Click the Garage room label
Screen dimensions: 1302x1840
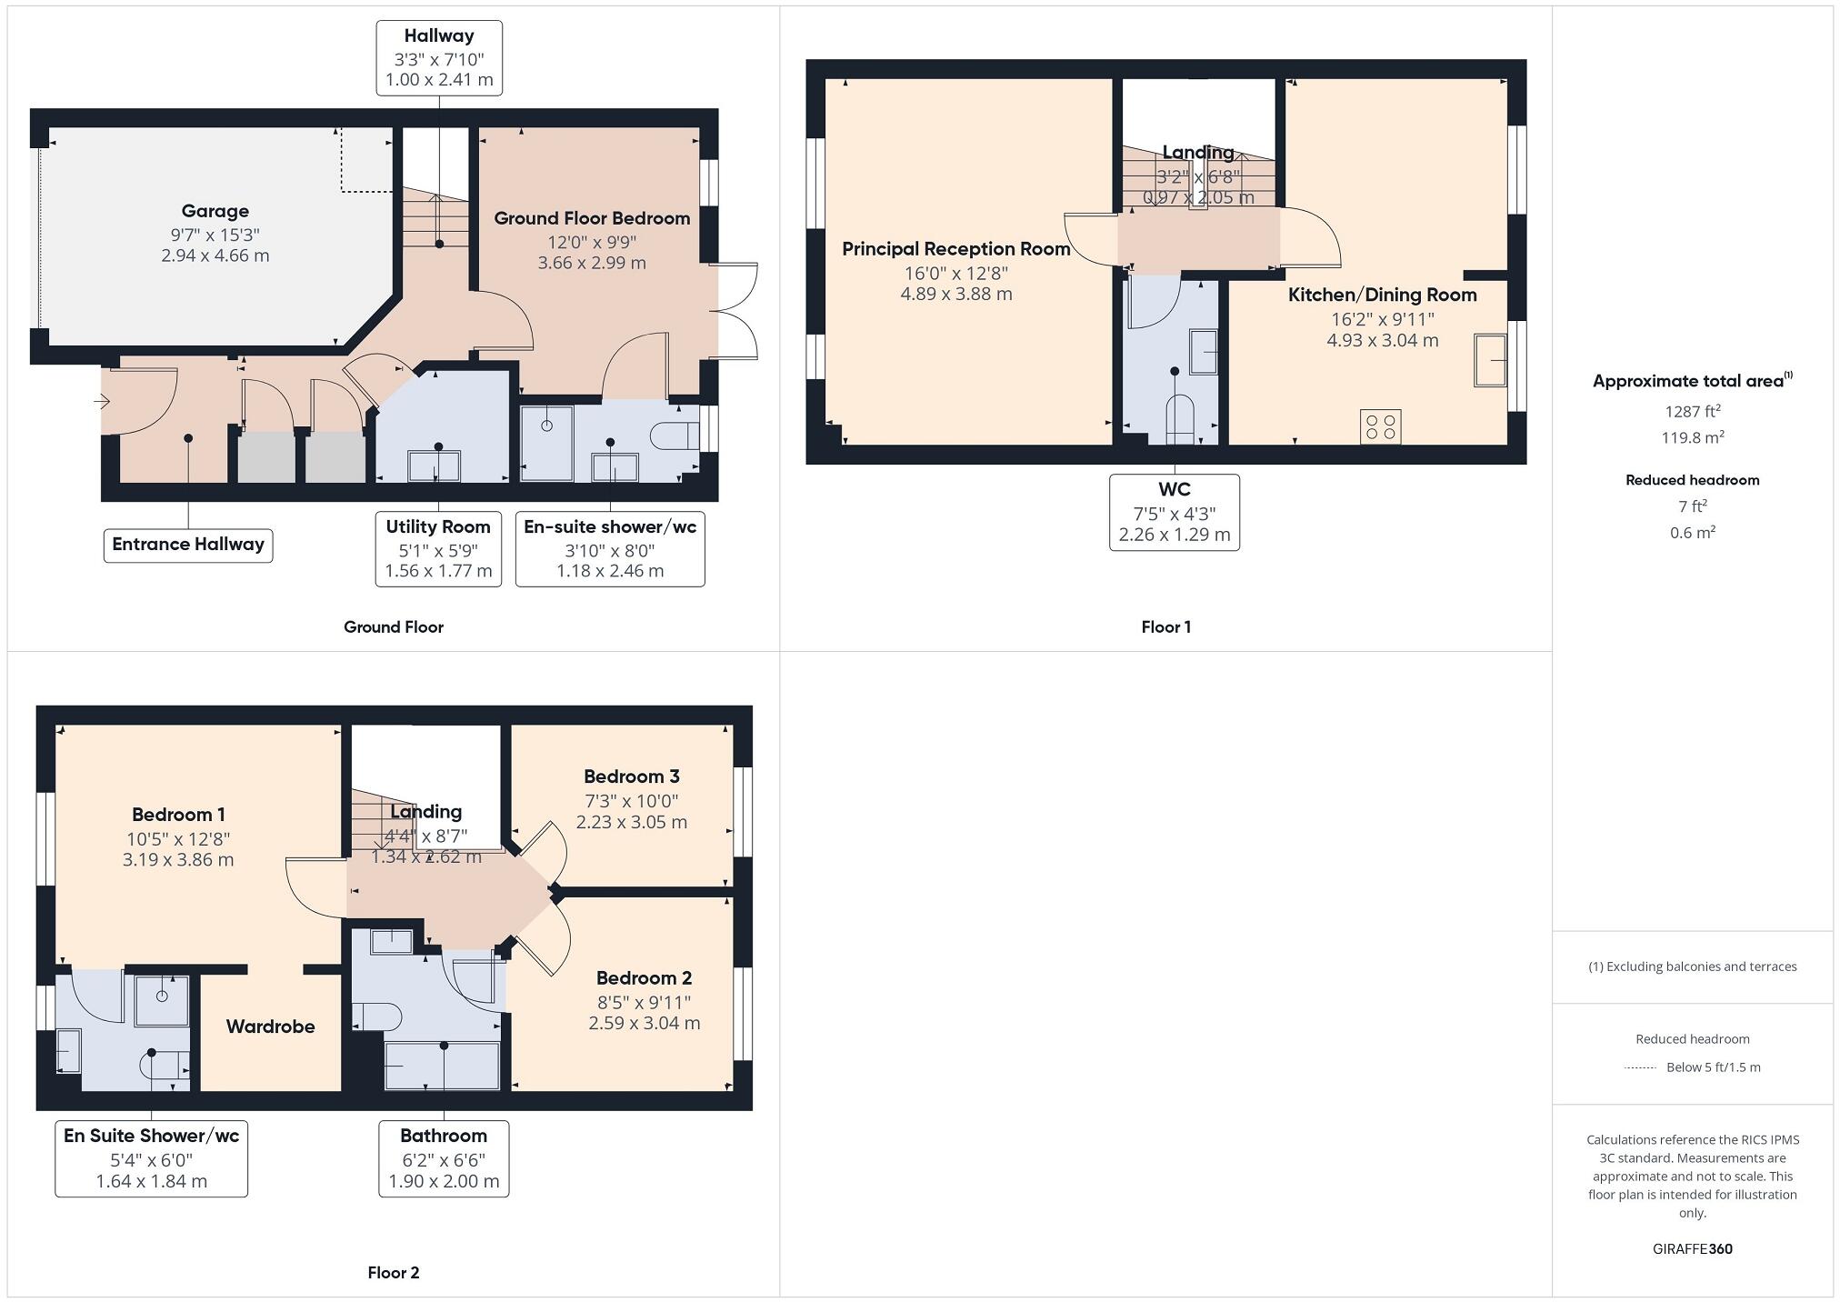pyautogui.click(x=215, y=211)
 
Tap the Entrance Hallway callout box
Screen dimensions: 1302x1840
pyautogui.click(x=188, y=545)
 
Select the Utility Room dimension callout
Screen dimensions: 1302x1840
pyautogui.click(x=438, y=548)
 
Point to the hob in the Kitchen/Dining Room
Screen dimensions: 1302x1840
pyautogui.click(x=1380, y=427)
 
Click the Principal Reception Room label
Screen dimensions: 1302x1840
pyautogui.click(x=955, y=249)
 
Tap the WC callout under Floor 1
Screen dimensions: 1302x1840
pyautogui.click(x=1174, y=512)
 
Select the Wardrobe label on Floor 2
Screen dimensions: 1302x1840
pyautogui.click(x=270, y=1027)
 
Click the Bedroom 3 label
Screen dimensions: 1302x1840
pyautogui.click(x=631, y=776)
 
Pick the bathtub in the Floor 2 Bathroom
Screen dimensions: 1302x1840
pyautogui.click(x=443, y=1066)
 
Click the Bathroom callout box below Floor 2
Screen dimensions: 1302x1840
pyautogui.click(x=444, y=1158)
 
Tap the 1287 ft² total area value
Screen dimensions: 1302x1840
pyautogui.click(x=1692, y=411)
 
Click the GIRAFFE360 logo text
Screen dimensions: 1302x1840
pyautogui.click(x=1692, y=1248)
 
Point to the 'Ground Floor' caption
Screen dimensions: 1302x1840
pyautogui.click(x=393, y=626)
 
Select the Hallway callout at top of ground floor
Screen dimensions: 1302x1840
pyautogui.click(x=439, y=58)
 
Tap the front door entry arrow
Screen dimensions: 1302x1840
pyautogui.click(x=102, y=401)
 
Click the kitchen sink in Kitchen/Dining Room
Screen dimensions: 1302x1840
pyautogui.click(x=1490, y=360)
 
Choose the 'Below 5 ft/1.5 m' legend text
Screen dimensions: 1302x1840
pyautogui.click(x=1713, y=1067)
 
